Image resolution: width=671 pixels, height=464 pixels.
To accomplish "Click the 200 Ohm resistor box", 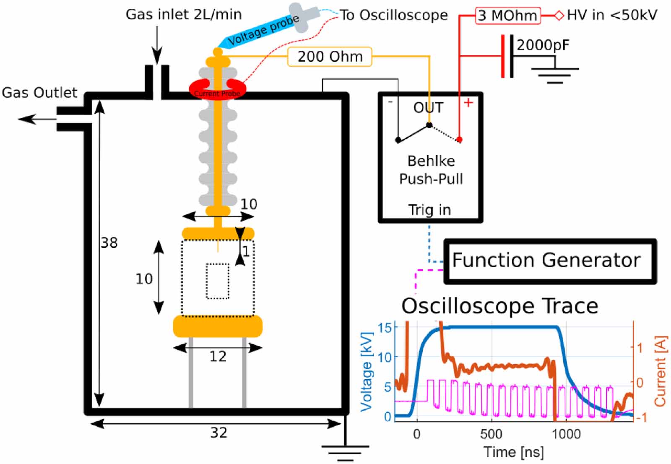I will click(330, 57).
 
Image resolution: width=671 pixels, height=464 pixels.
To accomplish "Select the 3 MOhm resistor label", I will click(507, 16).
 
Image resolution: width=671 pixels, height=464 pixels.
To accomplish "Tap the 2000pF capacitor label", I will click(543, 44).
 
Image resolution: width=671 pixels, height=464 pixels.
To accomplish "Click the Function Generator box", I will click(549, 261).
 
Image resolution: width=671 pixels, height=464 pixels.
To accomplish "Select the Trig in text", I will click(429, 210).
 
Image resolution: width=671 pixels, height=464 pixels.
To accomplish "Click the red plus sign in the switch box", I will click(468, 103).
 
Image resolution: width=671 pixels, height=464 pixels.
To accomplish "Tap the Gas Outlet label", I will click(39, 93).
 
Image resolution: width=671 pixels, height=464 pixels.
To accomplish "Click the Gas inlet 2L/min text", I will click(184, 15).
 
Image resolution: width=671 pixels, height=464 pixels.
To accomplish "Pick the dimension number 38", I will click(109, 243).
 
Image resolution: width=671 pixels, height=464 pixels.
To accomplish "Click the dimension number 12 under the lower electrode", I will click(218, 357).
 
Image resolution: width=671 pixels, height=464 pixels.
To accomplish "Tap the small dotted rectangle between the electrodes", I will click(218, 281).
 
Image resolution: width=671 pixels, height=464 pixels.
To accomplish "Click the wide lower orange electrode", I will click(218, 327).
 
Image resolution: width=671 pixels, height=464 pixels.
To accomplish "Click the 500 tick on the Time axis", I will click(491, 434).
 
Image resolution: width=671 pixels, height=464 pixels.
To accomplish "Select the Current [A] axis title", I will click(660, 370).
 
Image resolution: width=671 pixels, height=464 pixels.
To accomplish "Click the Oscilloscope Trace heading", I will click(499, 306).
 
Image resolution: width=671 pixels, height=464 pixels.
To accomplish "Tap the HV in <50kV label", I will click(611, 16).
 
